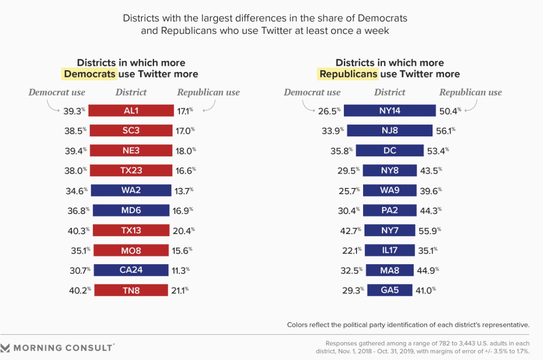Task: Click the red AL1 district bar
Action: pyautogui.click(x=131, y=110)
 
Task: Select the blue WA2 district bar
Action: pyautogui.click(x=131, y=190)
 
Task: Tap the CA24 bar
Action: pyautogui.click(x=131, y=270)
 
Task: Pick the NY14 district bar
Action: pyautogui.click(x=390, y=110)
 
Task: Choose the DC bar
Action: pyautogui.click(x=390, y=150)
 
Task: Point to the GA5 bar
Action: pyautogui.click(x=390, y=290)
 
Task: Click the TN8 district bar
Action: pyautogui.click(x=131, y=290)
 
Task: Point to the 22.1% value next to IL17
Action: pyautogui.click(x=351, y=250)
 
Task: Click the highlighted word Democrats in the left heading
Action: pyautogui.click(x=89, y=74)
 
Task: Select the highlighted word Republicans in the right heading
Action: pyautogui.click(x=348, y=74)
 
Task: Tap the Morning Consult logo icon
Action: pyautogui.click(x=6, y=348)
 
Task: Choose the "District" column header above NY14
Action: pyautogui.click(x=389, y=93)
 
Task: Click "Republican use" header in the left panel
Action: pyautogui.click(x=208, y=93)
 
